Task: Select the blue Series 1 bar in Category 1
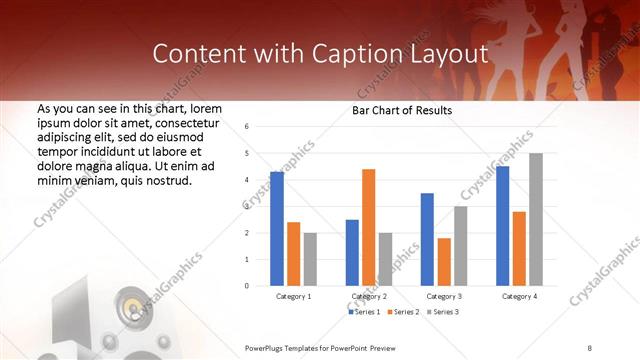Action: pyautogui.click(x=277, y=229)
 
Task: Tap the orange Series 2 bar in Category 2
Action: pyautogui.click(x=368, y=227)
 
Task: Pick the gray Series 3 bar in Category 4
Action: pyautogui.click(x=536, y=219)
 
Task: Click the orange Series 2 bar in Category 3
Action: pyautogui.click(x=444, y=262)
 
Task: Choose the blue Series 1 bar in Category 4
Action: pyautogui.click(x=502, y=226)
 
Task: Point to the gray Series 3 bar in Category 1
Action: pyautogui.click(x=310, y=259)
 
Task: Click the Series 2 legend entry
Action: pyautogui.click(x=403, y=313)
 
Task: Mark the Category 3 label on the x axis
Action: pyautogui.click(x=444, y=297)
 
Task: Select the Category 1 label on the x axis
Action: pyautogui.click(x=293, y=297)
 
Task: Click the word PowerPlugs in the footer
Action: pyautogui.click(x=268, y=347)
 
